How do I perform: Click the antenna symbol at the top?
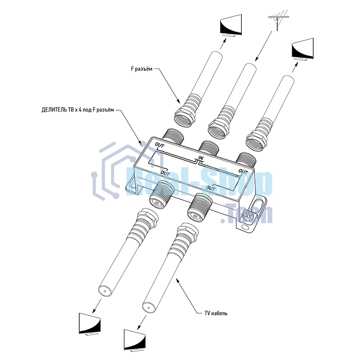pyautogui.click(x=278, y=20)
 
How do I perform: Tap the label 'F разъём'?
pyautogui.click(x=142, y=69)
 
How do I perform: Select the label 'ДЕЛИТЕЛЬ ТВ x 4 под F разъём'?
pyautogui.click(x=78, y=110)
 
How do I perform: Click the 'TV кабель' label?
pyautogui.click(x=216, y=313)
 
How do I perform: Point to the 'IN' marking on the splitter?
pyautogui.click(x=201, y=158)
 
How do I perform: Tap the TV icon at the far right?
pyautogui.click(x=303, y=49)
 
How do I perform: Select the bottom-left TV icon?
pyautogui.click(x=90, y=324)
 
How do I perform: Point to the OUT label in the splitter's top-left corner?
pyautogui.click(x=160, y=145)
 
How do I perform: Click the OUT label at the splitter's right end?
pyautogui.click(x=243, y=172)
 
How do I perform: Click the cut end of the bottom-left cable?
pyautogui.click(x=105, y=291)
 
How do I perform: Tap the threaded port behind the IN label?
pyautogui.click(x=208, y=148)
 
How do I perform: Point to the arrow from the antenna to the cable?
pyautogui.click(x=264, y=46)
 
